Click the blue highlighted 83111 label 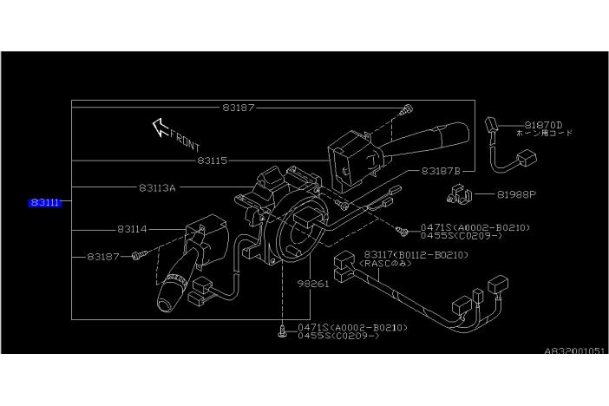(45, 202)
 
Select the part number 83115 (212, 160)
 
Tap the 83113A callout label (156, 187)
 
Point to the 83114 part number (132, 229)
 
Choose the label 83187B (441, 171)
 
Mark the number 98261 (313, 284)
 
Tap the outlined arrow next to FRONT (160, 128)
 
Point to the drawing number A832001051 (575, 352)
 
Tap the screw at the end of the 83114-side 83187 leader (139, 257)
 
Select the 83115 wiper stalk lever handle (438, 135)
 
